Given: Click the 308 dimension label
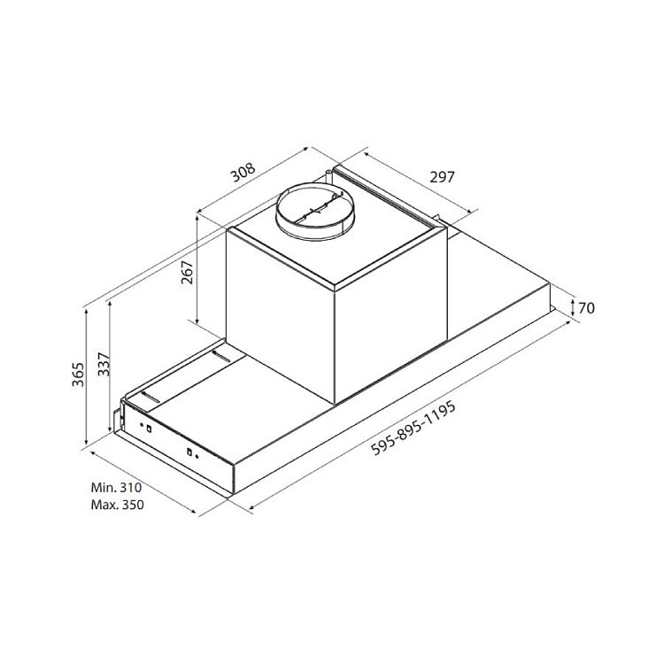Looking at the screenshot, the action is tap(243, 172).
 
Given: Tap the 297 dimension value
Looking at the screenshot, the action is tap(442, 176).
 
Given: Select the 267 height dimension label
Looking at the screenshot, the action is tap(187, 273).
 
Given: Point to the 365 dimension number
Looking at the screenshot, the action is tap(78, 374).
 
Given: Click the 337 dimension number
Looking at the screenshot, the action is tap(104, 364).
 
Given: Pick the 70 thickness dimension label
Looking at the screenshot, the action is tap(586, 308).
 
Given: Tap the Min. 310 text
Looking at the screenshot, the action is tap(116, 488).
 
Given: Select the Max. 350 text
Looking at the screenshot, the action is tap(117, 505).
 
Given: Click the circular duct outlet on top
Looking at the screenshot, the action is tap(314, 211).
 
